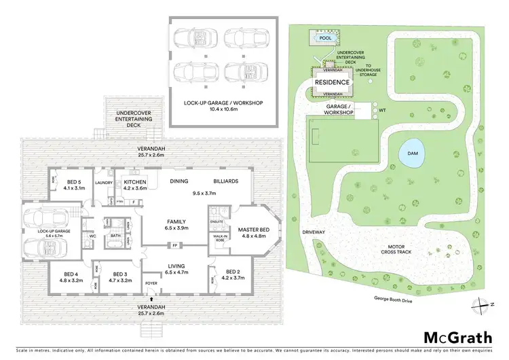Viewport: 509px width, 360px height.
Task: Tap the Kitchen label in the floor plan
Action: (x=135, y=182)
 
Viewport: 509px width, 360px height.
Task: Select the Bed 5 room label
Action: (x=73, y=182)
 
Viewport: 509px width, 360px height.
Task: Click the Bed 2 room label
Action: (x=233, y=273)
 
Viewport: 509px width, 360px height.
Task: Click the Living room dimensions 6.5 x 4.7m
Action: (x=178, y=272)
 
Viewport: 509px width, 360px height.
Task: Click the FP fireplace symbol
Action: (x=175, y=245)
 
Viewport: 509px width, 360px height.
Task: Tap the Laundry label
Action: (x=104, y=182)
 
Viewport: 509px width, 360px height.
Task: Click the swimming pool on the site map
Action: (x=326, y=39)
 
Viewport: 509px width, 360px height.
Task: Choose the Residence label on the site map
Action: (x=333, y=83)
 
